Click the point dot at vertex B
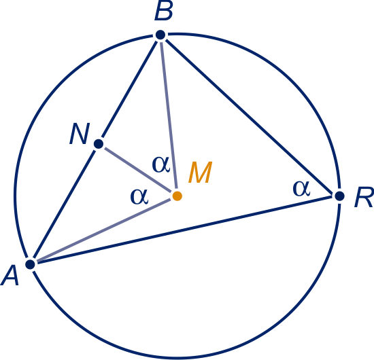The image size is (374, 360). coord(160,35)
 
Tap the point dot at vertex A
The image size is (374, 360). coord(31,264)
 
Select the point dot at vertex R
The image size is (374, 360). coord(339,196)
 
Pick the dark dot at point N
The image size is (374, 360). coord(99,144)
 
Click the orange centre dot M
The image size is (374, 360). coord(177,196)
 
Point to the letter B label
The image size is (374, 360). coord(164,13)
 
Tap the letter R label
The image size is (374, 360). coord(364,197)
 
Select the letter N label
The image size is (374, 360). coord(80,133)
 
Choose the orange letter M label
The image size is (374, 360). coord(201,172)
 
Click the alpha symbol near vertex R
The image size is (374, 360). coord(301,188)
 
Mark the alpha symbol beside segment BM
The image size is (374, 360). coord(161,164)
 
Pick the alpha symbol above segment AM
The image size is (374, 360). coord(139,197)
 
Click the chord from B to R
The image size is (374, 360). coord(250,115)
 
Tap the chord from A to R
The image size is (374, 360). coord(184,230)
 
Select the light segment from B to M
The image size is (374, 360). coord(169,115)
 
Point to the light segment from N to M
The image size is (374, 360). coord(138,170)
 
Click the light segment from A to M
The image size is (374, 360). coord(104,230)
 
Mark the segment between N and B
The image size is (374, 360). coord(129,90)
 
